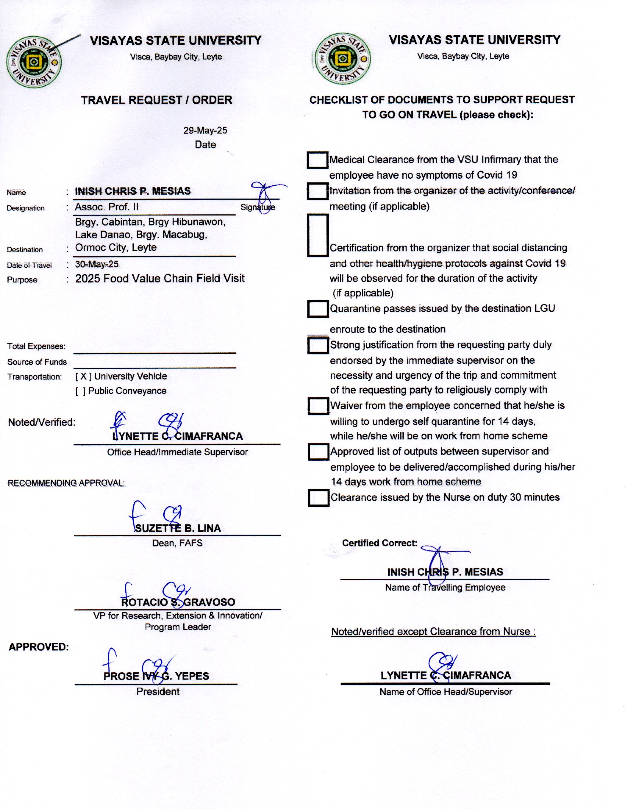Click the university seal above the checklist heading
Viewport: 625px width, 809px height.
click(342, 59)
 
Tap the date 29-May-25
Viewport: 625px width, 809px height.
click(205, 131)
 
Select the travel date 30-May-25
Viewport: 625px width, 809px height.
click(97, 264)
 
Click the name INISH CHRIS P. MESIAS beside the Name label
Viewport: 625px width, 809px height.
click(133, 191)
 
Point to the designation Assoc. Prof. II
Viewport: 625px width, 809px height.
click(107, 207)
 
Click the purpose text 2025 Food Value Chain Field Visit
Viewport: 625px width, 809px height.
click(160, 279)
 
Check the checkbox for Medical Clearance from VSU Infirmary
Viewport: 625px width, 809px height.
click(317, 160)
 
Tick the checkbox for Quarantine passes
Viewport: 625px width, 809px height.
click(318, 309)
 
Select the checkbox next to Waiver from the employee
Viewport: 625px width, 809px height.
click(318, 406)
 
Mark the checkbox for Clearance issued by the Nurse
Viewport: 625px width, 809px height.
click(318, 498)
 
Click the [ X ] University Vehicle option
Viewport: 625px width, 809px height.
click(121, 376)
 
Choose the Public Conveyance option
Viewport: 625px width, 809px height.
click(121, 391)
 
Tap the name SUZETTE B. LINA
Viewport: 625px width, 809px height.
click(177, 528)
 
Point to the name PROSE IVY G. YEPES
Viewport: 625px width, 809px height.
click(156, 676)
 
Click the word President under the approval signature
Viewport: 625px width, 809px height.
click(158, 691)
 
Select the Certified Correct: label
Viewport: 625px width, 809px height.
click(379, 543)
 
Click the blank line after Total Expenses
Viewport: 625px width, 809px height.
click(154, 348)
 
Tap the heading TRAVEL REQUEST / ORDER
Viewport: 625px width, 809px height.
click(157, 100)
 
